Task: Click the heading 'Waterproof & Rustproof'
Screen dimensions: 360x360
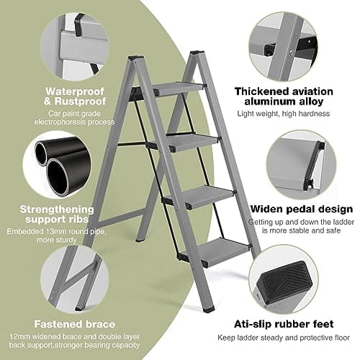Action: coord(75,96)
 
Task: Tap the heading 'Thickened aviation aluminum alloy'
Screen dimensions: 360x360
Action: coord(284,96)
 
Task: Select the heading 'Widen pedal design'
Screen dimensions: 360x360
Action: coord(302,209)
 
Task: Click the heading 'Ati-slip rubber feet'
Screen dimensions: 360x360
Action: coord(284,324)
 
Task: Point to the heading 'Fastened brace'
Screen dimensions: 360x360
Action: coord(75,324)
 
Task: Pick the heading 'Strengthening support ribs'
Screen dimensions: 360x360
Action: coord(57,214)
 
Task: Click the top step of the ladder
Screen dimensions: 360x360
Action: coord(179,89)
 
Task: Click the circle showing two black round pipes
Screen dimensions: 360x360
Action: coord(57,165)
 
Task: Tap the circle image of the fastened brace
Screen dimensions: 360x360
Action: coord(75,280)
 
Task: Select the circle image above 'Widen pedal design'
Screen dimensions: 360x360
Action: coord(302,165)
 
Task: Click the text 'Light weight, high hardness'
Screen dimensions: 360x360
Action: coord(284,114)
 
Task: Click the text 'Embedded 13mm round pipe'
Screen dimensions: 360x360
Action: coord(56,232)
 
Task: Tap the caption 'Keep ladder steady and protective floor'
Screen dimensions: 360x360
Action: coord(284,338)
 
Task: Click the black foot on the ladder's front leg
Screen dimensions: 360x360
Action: coord(208,309)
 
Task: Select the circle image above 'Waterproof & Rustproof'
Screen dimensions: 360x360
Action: coord(75,47)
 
